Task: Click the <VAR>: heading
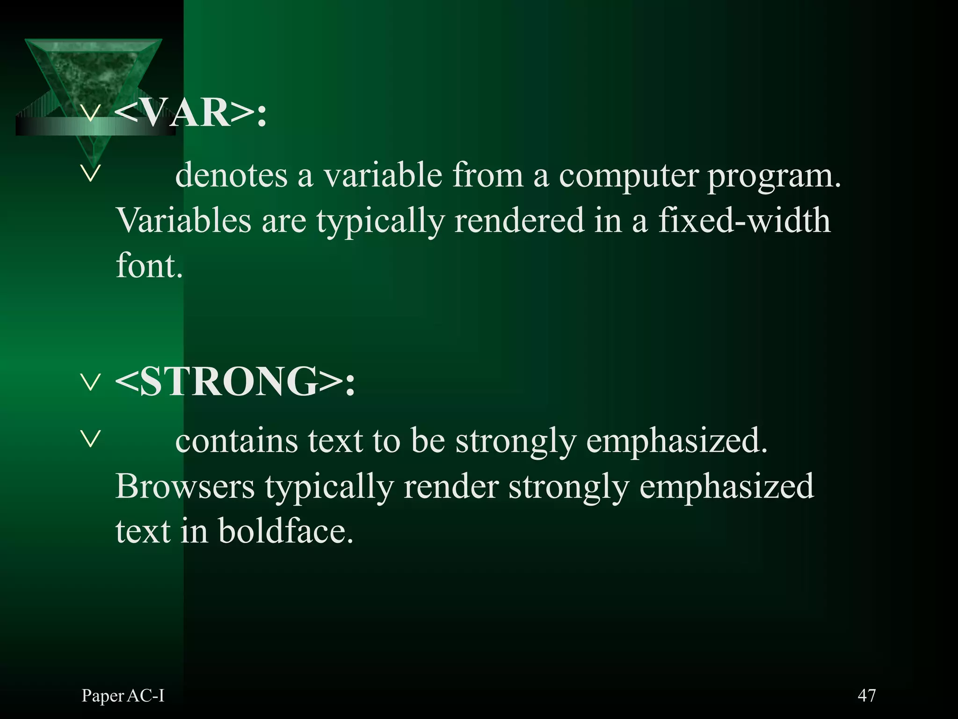pyautogui.click(x=190, y=113)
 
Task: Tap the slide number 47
pyautogui.click(x=866, y=695)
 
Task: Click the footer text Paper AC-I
pyautogui.click(x=123, y=696)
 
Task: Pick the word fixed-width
pyautogui.click(x=744, y=220)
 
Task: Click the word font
pyautogui.click(x=149, y=265)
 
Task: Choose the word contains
pyautogui.click(x=236, y=441)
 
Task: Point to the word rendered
pyautogui.click(x=519, y=220)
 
